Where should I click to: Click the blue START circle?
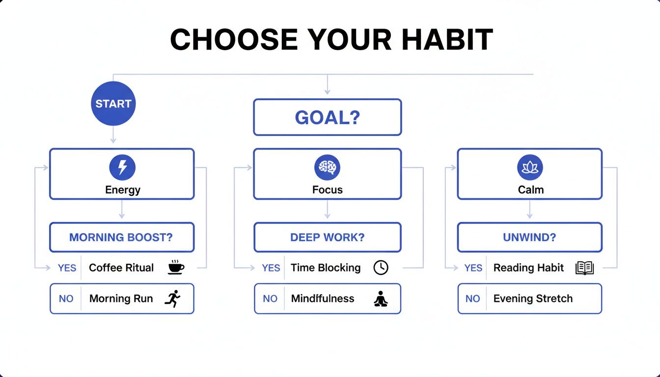(x=113, y=104)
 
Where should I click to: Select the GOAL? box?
(x=327, y=117)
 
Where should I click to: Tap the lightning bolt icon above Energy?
(x=122, y=168)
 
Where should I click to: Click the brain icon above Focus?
(x=327, y=168)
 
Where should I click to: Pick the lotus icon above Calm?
(x=530, y=168)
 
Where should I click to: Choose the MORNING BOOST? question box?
(x=122, y=238)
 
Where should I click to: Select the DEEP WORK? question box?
(x=327, y=238)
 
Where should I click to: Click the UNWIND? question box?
(x=529, y=238)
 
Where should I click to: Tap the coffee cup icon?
(x=176, y=268)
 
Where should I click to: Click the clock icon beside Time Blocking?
(x=381, y=268)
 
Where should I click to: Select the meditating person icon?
(x=381, y=299)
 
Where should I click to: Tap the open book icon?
(x=584, y=268)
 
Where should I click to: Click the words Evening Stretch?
(x=533, y=298)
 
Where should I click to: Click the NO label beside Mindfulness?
(x=270, y=298)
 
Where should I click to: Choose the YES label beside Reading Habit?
(x=473, y=268)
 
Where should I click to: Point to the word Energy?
(x=123, y=190)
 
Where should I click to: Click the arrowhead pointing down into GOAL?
(x=327, y=91)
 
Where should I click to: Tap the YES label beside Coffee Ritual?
(x=67, y=268)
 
